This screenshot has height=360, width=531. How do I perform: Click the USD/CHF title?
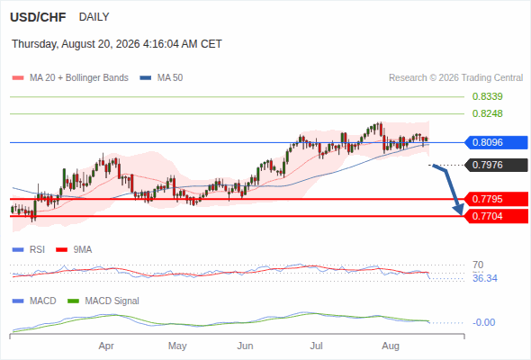[x=38, y=17]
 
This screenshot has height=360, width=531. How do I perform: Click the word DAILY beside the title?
[x=94, y=17]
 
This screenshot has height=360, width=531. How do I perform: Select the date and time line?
[x=117, y=44]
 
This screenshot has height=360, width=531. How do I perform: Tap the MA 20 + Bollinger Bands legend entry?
[x=70, y=78]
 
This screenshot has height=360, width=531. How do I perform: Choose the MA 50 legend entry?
[x=161, y=78]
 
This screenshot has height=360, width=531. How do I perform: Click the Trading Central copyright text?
[x=455, y=78]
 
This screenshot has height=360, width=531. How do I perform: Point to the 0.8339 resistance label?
[x=487, y=96]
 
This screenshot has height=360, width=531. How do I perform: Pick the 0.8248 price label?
[x=487, y=113]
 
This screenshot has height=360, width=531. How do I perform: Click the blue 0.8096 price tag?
[x=496, y=142]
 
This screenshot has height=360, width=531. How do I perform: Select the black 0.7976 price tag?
[x=496, y=165]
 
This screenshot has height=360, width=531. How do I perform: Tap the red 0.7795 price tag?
[x=496, y=199]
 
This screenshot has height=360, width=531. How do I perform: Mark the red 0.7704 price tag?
[x=496, y=216]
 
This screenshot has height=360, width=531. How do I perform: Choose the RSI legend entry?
[x=29, y=250]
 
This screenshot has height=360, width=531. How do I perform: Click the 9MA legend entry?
[x=74, y=250]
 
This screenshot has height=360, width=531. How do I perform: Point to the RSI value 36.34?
[x=485, y=278]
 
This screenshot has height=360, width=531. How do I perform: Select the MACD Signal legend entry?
[x=103, y=301]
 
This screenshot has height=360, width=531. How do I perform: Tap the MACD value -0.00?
[x=483, y=322]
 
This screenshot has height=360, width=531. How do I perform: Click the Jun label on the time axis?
[x=245, y=346]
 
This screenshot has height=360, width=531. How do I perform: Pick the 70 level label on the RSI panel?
[x=478, y=265]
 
